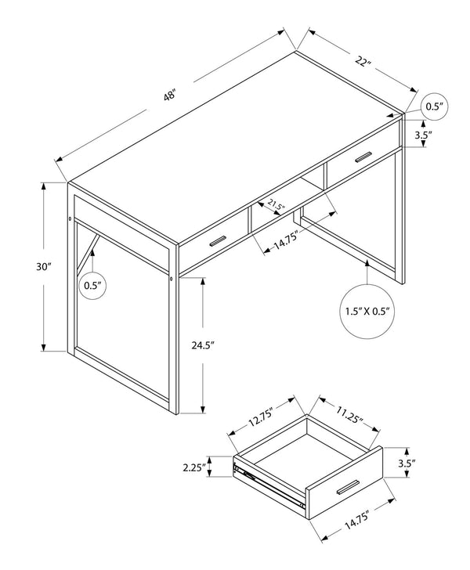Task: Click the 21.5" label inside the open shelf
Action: pos(276,207)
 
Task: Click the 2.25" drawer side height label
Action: pos(191,467)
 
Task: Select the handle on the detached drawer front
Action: pos(348,488)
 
